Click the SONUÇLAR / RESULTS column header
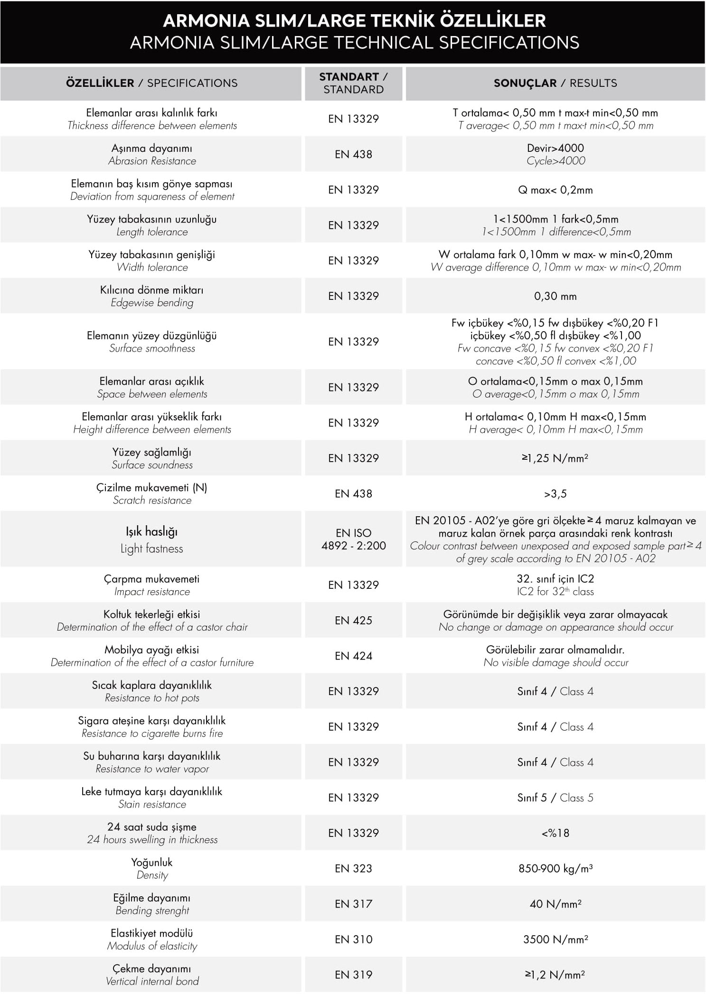click(x=555, y=83)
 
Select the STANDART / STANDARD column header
click(x=353, y=83)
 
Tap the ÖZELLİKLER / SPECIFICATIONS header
click(x=151, y=83)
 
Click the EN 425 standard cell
click(x=353, y=620)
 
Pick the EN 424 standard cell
click(x=353, y=656)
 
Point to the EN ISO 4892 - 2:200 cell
click(x=353, y=539)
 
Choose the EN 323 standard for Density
click(x=353, y=868)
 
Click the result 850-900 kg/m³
click(x=555, y=868)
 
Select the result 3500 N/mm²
click(x=555, y=939)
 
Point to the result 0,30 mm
click(x=555, y=296)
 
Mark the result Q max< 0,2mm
click(x=555, y=190)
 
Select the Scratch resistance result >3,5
click(x=555, y=494)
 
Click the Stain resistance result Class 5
click(x=555, y=798)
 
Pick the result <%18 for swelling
click(x=555, y=833)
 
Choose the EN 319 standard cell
click(x=353, y=975)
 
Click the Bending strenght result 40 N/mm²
click(x=555, y=904)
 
